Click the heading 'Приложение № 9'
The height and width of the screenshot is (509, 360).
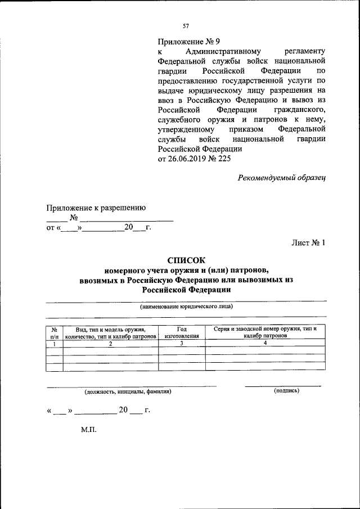(x=185, y=41)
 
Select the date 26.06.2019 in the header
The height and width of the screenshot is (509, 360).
(x=189, y=159)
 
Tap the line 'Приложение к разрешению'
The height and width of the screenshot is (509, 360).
(x=96, y=208)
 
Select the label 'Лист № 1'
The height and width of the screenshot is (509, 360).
(x=308, y=243)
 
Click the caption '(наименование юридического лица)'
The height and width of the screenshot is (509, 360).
(x=186, y=307)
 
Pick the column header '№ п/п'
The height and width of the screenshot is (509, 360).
(x=55, y=332)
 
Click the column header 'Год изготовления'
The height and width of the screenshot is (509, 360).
(x=182, y=332)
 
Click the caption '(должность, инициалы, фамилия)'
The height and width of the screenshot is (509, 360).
(x=128, y=391)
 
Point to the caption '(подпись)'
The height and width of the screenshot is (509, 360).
(x=286, y=390)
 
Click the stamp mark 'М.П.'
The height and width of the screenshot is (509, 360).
(x=89, y=430)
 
